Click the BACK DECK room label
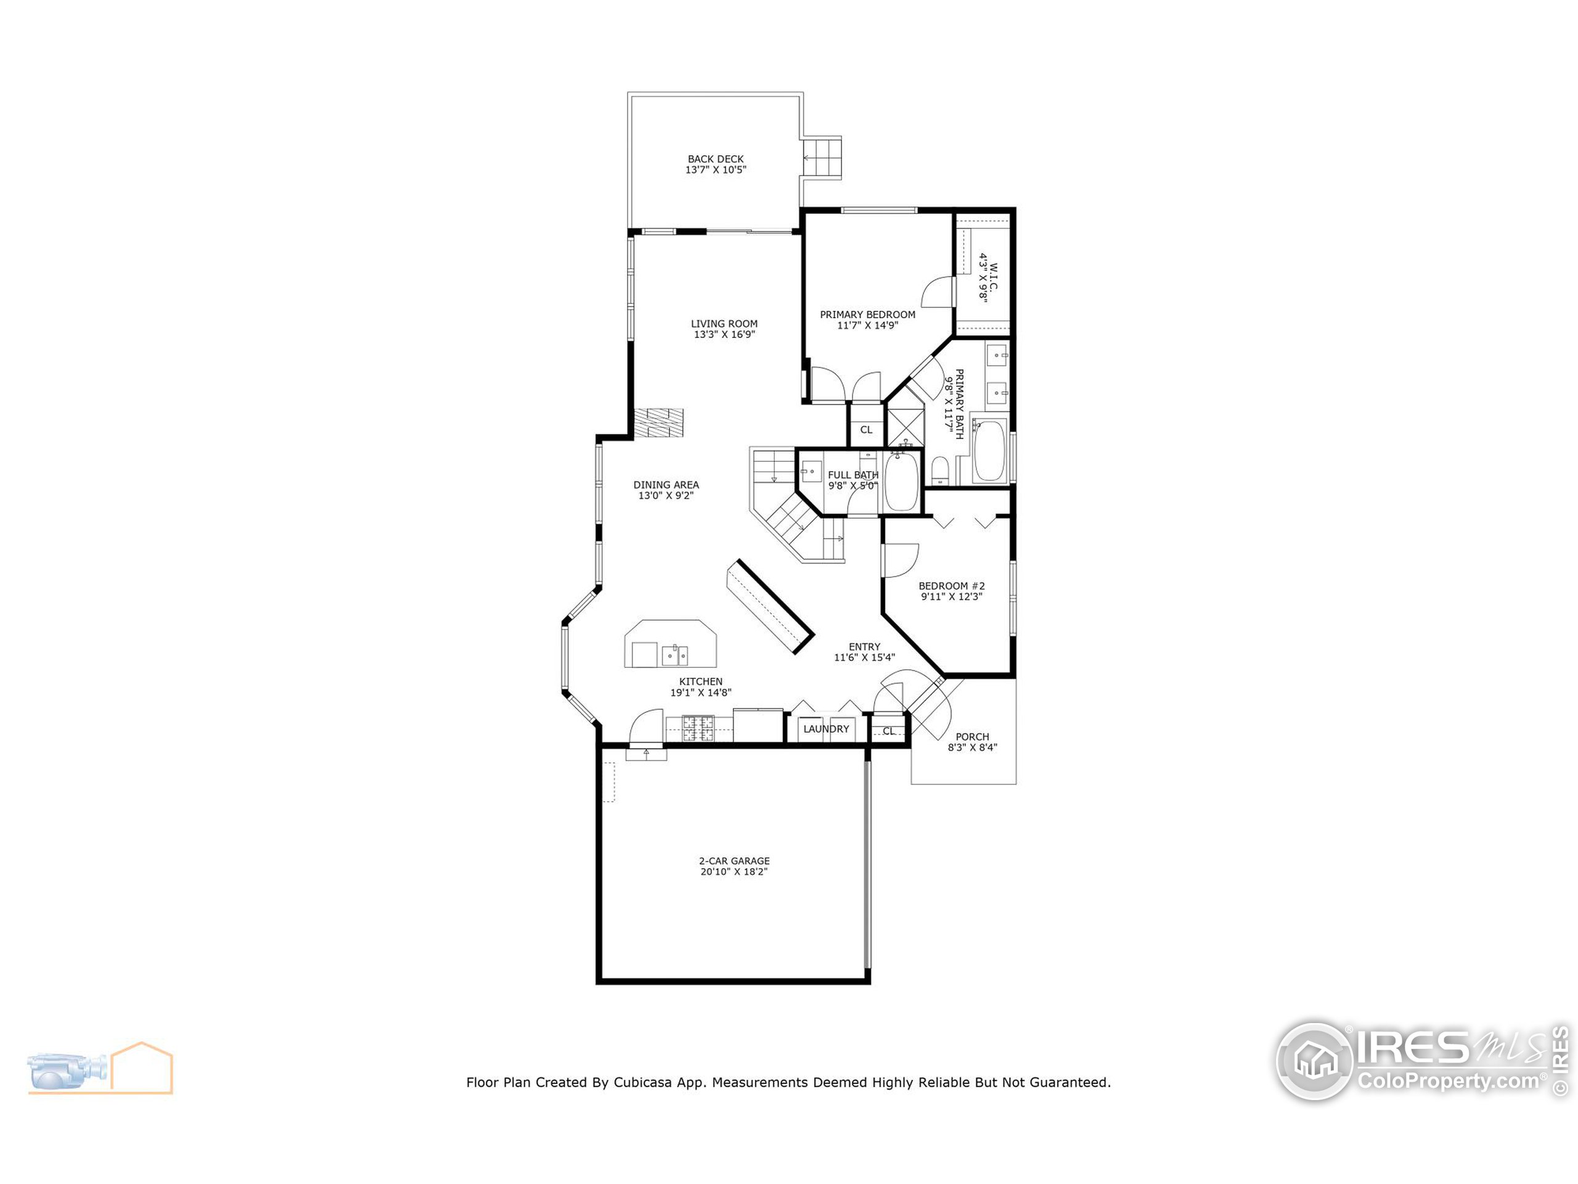pos(716,159)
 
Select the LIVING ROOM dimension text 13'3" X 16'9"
pos(724,334)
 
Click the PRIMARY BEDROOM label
pos(867,314)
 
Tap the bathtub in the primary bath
pos(989,451)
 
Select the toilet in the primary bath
pos(939,471)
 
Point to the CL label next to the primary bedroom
pos(866,430)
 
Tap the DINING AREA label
pos(666,485)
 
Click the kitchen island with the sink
pos(671,645)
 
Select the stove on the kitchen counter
pos(698,728)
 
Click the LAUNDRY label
pos(826,729)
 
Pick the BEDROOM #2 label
pos(951,586)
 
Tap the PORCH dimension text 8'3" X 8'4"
pos(971,747)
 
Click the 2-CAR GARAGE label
pos(734,861)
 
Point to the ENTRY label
pos(864,647)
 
